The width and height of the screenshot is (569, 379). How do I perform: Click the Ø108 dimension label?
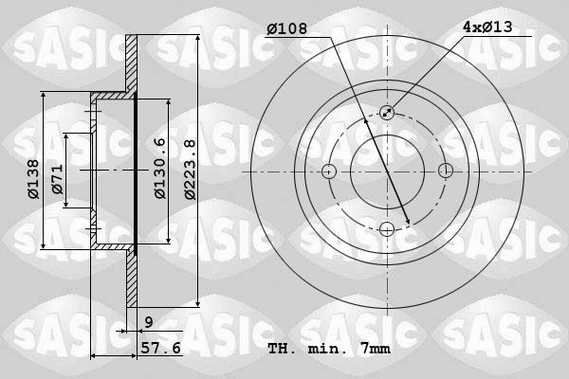(x=286, y=28)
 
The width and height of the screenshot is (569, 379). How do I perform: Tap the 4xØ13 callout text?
(x=487, y=27)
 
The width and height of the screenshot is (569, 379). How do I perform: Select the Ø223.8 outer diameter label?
(x=190, y=170)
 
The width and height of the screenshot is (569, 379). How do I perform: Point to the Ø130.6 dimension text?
(x=159, y=169)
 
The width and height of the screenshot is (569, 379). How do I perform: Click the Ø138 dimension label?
(x=33, y=179)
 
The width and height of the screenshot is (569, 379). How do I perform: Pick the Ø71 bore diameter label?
(x=57, y=179)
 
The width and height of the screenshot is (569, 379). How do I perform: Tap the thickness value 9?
(x=149, y=322)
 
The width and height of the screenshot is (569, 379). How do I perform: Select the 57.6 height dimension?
(x=161, y=348)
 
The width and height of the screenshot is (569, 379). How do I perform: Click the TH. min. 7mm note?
(x=329, y=349)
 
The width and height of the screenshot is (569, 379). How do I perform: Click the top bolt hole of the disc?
(x=387, y=113)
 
